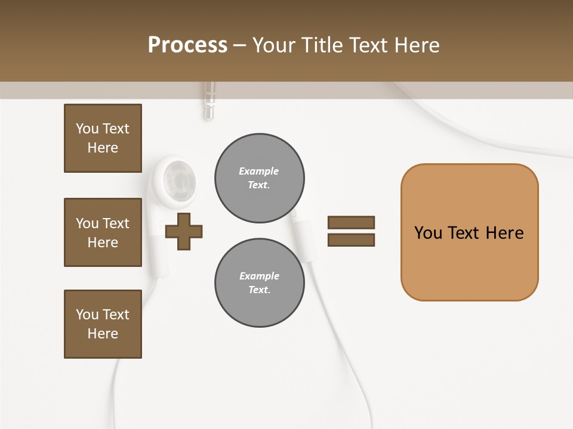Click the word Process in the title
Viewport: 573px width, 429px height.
[187, 45]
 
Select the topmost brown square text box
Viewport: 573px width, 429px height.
[103, 138]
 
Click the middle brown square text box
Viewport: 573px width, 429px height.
[103, 232]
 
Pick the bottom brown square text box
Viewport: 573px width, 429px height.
[103, 324]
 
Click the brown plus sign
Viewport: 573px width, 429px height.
[184, 231]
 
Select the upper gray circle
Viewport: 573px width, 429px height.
[259, 178]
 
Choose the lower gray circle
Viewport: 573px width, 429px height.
[259, 283]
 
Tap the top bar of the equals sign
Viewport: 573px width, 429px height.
[351, 222]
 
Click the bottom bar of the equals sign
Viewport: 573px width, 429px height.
[351, 240]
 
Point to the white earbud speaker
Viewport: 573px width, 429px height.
[177, 179]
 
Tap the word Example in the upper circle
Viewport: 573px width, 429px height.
[259, 171]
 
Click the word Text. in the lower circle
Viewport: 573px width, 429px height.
[259, 290]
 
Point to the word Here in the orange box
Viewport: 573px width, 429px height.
[504, 233]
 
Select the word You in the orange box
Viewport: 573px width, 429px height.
[428, 233]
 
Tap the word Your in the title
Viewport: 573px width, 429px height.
[272, 45]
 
